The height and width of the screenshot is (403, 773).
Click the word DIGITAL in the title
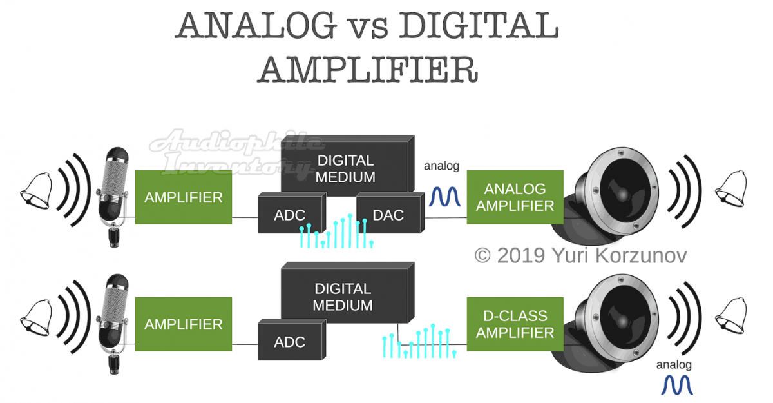point(479,26)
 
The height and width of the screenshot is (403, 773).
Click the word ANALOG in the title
point(256,26)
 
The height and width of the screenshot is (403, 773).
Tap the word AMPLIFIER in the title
point(368,70)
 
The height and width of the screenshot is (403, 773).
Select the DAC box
point(390,213)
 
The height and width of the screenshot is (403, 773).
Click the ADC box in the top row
point(292,213)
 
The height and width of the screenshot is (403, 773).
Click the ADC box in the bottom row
point(292,340)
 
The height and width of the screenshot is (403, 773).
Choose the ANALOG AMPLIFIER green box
point(515,197)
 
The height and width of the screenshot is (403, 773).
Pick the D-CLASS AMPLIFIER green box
point(515,324)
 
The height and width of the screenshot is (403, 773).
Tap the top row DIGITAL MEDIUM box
point(347,166)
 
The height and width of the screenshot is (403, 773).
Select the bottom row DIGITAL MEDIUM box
point(347,293)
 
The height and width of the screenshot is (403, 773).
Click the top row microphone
point(113,197)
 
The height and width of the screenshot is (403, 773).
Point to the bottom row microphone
point(113,324)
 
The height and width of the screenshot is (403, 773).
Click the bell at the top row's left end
point(37,191)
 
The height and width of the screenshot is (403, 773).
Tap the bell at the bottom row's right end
point(731,316)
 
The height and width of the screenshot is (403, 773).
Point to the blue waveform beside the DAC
point(445,197)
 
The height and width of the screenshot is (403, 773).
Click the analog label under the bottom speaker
point(674,365)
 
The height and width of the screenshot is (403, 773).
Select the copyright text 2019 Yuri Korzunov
point(581,255)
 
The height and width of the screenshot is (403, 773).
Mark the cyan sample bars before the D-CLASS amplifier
point(419,341)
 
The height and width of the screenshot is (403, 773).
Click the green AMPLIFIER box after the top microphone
point(184,197)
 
